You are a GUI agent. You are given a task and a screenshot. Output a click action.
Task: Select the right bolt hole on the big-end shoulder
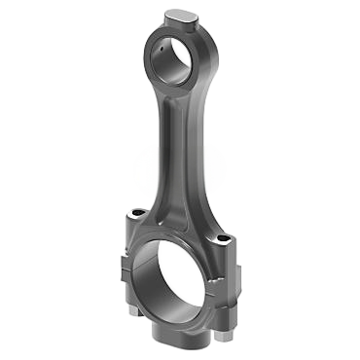228,240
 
